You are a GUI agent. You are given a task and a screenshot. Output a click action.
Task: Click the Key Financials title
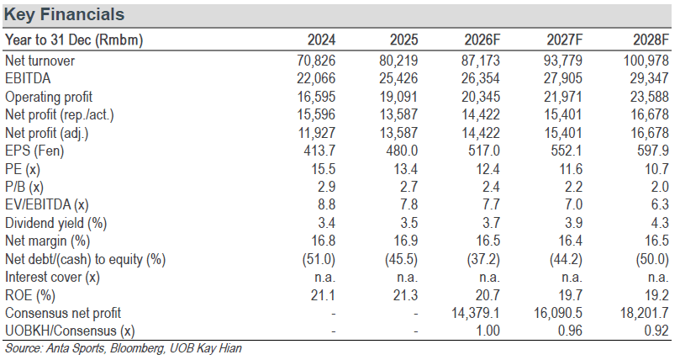click(x=64, y=15)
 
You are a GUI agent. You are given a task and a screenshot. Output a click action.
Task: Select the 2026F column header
click(x=482, y=40)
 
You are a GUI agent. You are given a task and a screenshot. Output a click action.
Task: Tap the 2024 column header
click(x=321, y=40)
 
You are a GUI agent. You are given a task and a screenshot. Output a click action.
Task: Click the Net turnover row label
click(x=40, y=61)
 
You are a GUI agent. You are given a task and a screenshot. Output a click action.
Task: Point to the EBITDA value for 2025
click(x=398, y=78)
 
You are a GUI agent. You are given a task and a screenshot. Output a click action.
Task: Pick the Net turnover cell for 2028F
click(x=646, y=61)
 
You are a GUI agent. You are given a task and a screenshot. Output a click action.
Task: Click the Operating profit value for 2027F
click(x=563, y=97)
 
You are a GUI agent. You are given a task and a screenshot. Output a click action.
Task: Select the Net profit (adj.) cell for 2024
click(x=316, y=133)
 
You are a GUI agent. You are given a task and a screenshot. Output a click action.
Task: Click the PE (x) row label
click(x=23, y=169)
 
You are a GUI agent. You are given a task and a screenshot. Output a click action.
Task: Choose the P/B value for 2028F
click(x=659, y=187)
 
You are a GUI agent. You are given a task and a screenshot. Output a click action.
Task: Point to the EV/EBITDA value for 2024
click(x=326, y=204)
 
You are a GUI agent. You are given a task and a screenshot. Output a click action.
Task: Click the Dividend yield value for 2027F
click(x=573, y=223)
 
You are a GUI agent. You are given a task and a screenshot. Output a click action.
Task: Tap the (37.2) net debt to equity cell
click(x=483, y=259)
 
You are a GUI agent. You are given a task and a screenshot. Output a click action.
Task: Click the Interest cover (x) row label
click(x=52, y=278)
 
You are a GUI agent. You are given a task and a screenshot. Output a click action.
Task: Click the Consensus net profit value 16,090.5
click(x=558, y=313)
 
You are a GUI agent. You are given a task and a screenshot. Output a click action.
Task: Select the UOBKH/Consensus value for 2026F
click(x=488, y=331)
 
